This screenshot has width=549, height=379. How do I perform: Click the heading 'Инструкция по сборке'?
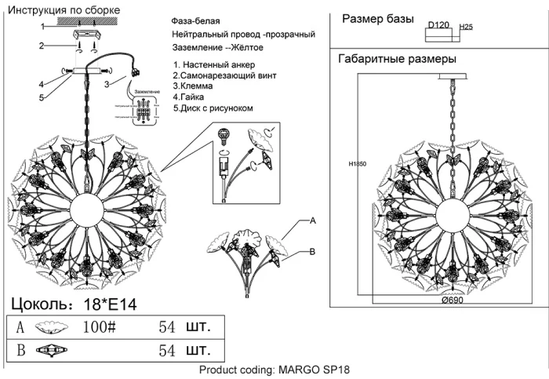pyautogui.click(x=64, y=9)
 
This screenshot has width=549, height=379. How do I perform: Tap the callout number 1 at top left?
pyautogui.click(x=43, y=27)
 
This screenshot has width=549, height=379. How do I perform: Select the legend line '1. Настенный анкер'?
pyautogui.click(x=213, y=64)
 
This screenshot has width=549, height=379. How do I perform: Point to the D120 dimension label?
pyautogui.click(x=438, y=26)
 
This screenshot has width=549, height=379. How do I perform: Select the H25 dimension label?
pyautogui.click(x=465, y=27)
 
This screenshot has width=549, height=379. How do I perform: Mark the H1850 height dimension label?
pyautogui.click(x=358, y=166)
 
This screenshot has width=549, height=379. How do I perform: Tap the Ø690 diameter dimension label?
pyautogui.click(x=453, y=301)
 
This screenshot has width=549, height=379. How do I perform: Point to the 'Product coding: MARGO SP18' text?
pyautogui.click(x=274, y=370)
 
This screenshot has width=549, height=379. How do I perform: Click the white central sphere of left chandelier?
pyautogui.click(x=87, y=210)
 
